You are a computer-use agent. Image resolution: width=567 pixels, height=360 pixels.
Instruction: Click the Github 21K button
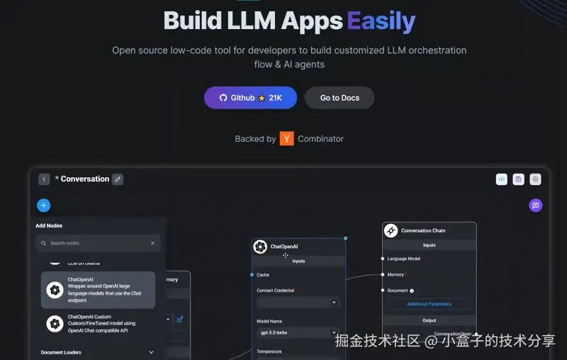250,98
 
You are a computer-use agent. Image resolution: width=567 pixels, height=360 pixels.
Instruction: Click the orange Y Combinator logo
286,139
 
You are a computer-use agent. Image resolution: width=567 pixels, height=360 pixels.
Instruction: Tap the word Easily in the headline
381,21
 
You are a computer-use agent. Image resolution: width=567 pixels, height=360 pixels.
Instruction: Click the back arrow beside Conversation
44,179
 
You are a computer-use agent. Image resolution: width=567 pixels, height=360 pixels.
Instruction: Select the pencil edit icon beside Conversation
118,179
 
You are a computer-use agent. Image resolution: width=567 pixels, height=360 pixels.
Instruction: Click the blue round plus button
44,206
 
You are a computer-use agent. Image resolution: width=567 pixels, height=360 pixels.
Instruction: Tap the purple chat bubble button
536,206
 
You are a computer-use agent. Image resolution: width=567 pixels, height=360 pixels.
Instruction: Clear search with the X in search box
152,243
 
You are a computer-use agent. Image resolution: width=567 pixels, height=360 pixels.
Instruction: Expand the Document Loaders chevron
151,352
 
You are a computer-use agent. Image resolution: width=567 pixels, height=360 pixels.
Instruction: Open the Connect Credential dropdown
297,303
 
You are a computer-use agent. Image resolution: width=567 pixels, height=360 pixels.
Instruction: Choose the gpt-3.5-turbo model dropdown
297,333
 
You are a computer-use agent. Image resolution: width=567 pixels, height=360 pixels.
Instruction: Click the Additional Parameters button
429,304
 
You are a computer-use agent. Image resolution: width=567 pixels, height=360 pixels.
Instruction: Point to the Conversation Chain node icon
391,230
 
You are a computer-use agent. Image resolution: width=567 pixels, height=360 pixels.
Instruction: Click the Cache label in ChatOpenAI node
263,274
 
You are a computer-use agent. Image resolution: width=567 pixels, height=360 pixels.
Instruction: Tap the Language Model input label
403,259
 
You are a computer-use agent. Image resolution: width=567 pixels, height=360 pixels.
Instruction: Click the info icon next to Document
412,291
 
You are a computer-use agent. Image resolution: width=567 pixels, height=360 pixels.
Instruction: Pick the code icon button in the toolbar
501,179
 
